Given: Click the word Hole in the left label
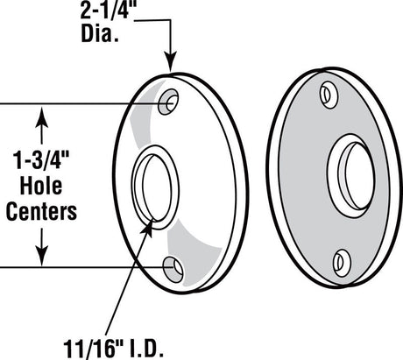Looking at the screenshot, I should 41,186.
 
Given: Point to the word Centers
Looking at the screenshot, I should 41,210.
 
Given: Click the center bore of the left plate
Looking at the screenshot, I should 156,185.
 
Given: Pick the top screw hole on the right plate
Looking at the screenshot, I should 329,93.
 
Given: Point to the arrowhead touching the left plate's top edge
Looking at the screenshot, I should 172,65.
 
